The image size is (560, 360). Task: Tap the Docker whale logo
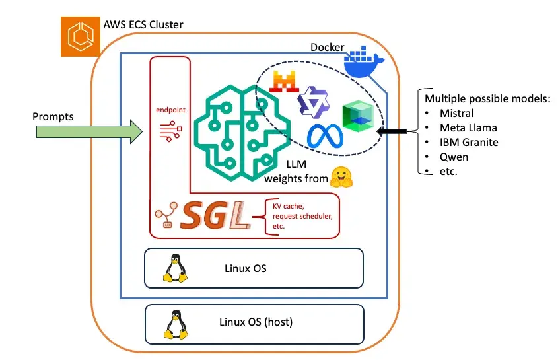[364, 63]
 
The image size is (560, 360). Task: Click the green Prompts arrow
[87, 131]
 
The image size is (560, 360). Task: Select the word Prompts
[53, 117]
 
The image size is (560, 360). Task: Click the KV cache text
[289, 205]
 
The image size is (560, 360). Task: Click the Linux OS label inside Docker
[245, 269]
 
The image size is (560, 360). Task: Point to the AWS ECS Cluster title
[143, 25]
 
